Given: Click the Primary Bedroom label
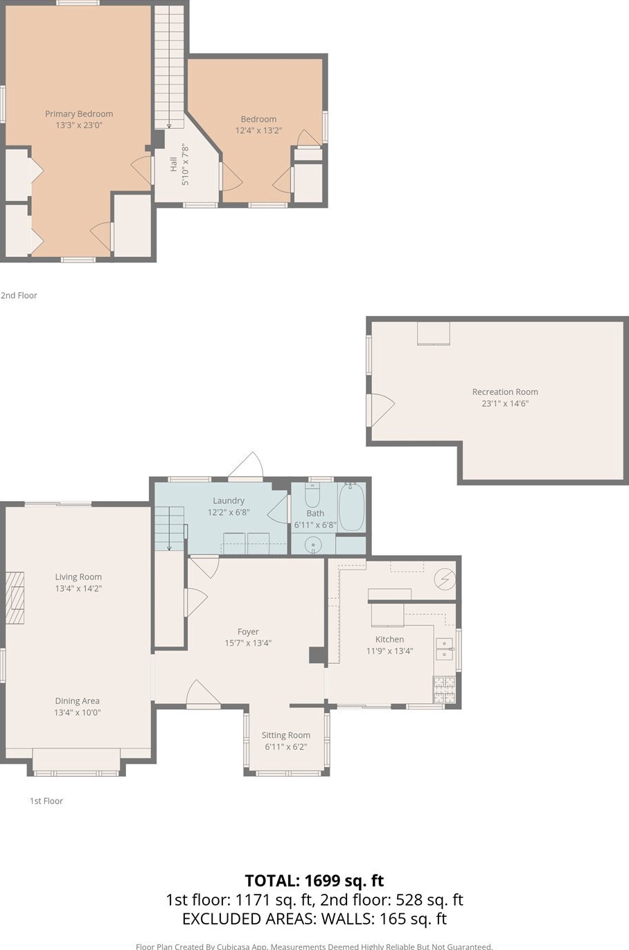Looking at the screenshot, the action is (x=79, y=114).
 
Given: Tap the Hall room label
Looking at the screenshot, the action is (x=173, y=164).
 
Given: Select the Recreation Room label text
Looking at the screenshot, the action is (x=505, y=392).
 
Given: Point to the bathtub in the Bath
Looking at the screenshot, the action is (x=351, y=507).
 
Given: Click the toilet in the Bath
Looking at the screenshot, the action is (x=312, y=495).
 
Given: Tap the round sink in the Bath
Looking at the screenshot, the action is (x=313, y=544).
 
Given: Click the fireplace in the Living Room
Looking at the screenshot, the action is (x=15, y=597).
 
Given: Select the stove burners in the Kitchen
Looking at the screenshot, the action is (x=444, y=689).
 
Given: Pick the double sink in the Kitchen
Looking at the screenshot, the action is (x=445, y=649).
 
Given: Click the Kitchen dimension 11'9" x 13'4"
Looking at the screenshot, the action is (x=389, y=651).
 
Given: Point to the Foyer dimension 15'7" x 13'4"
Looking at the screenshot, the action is (x=248, y=643).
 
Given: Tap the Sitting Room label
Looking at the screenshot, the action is (x=285, y=735).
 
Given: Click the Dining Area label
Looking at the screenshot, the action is (x=77, y=701).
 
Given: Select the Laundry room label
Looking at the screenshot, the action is (x=229, y=501).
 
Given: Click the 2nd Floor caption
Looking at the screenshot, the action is (x=19, y=296).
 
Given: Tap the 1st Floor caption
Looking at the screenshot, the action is (x=46, y=801).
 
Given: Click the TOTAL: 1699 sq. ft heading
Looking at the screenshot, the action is (x=314, y=881).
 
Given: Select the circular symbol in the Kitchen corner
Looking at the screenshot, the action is (x=445, y=579).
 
